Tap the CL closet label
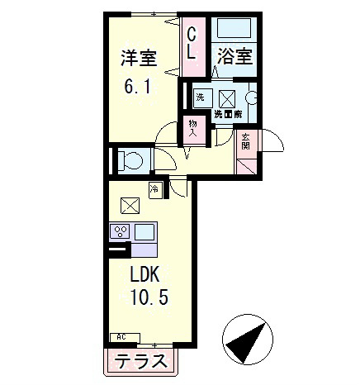tap(192, 44)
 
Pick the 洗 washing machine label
tap(199, 97)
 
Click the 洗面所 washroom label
tap(227, 113)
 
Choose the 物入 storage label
tap(192, 128)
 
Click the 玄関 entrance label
tap(246, 141)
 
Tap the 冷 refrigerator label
tap(154, 190)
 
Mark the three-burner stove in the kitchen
tap(119, 231)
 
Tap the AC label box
tap(121, 337)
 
